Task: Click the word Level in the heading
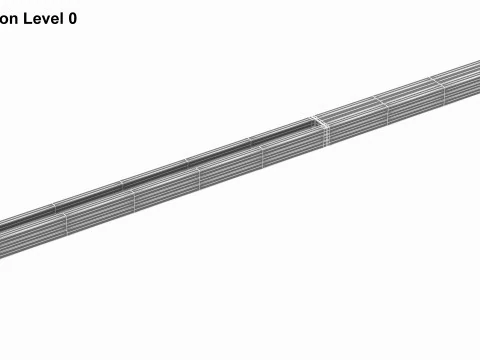click(42, 18)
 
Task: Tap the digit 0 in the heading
click(72, 18)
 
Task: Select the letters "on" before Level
click(8, 18)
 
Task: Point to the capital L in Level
click(26, 18)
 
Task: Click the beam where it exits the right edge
click(475, 75)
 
